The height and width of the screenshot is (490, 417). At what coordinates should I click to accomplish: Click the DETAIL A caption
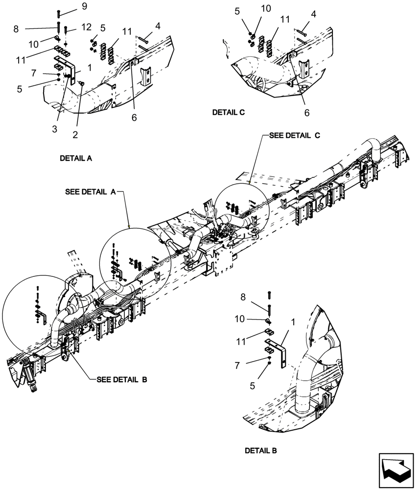(x=76, y=159)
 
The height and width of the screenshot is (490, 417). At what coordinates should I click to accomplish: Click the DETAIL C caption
(x=228, y=112)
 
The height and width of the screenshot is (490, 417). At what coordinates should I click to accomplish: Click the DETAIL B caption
(x=261, y=450)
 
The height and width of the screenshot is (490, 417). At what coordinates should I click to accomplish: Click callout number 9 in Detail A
(x=84, y=6)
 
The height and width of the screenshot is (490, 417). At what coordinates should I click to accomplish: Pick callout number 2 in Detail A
(x=76, y=134)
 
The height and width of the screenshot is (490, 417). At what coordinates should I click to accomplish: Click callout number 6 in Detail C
(x=307, y=113)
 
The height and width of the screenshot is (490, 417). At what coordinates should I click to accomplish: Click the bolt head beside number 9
(x=59, y=12)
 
